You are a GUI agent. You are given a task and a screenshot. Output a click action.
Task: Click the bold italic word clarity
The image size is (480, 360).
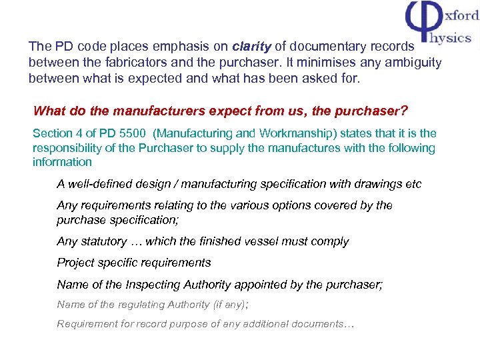(251, 47)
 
